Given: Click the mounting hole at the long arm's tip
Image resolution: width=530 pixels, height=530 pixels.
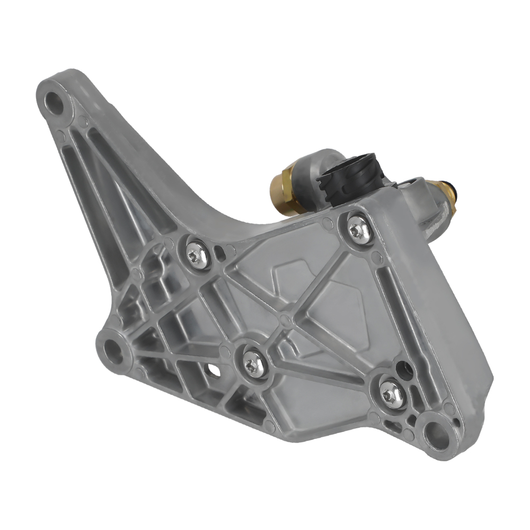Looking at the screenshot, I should pyautogui.click(x=54, y=100).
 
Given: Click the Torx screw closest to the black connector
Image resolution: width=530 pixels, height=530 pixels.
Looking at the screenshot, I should pyautogui.click(x=356, y=228).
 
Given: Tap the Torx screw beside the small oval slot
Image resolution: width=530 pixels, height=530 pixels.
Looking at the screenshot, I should pyautogui.click(x=251, y=363).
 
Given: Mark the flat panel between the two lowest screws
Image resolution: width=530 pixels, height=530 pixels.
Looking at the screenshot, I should pyautogui.click(x=323, y=392).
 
